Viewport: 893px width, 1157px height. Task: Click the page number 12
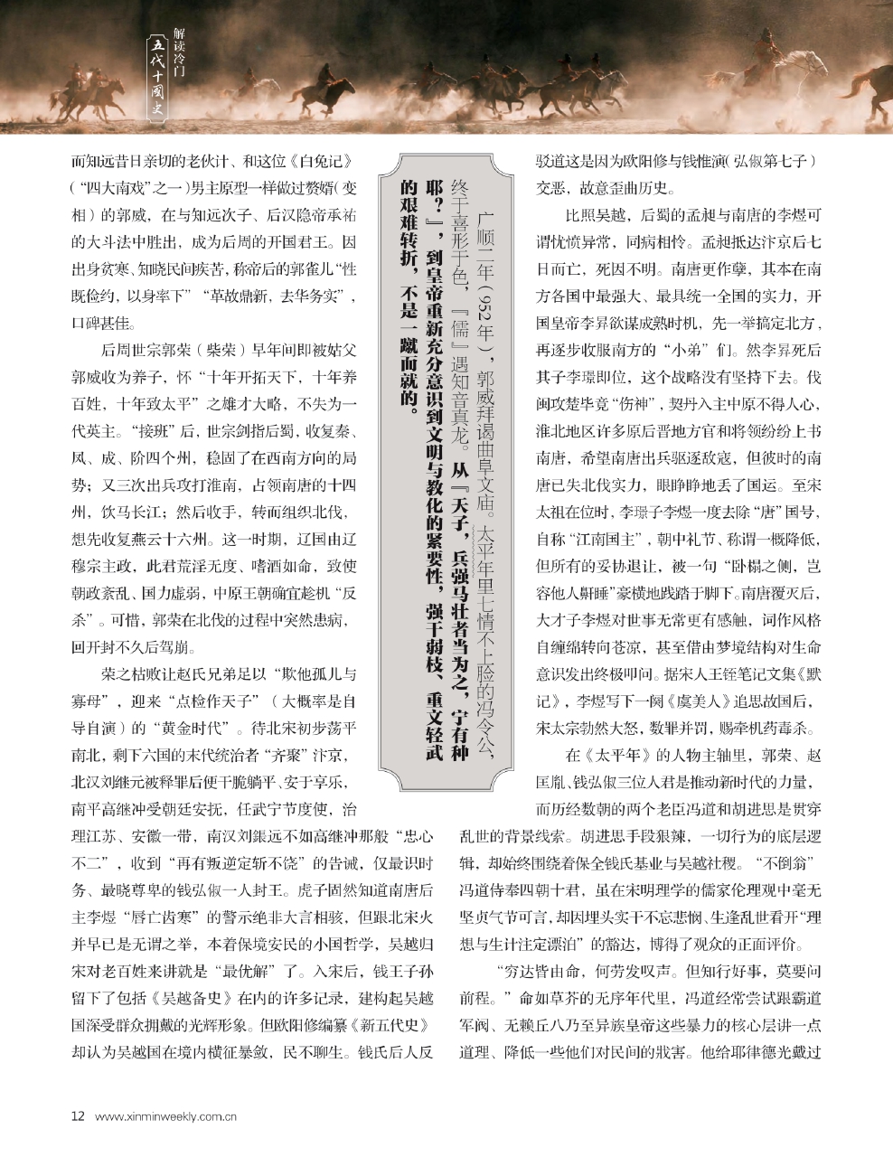pyautogui.click(x=78, y=1115)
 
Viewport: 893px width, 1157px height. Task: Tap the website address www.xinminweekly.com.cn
pyautogui.click(x=165, y=1115)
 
